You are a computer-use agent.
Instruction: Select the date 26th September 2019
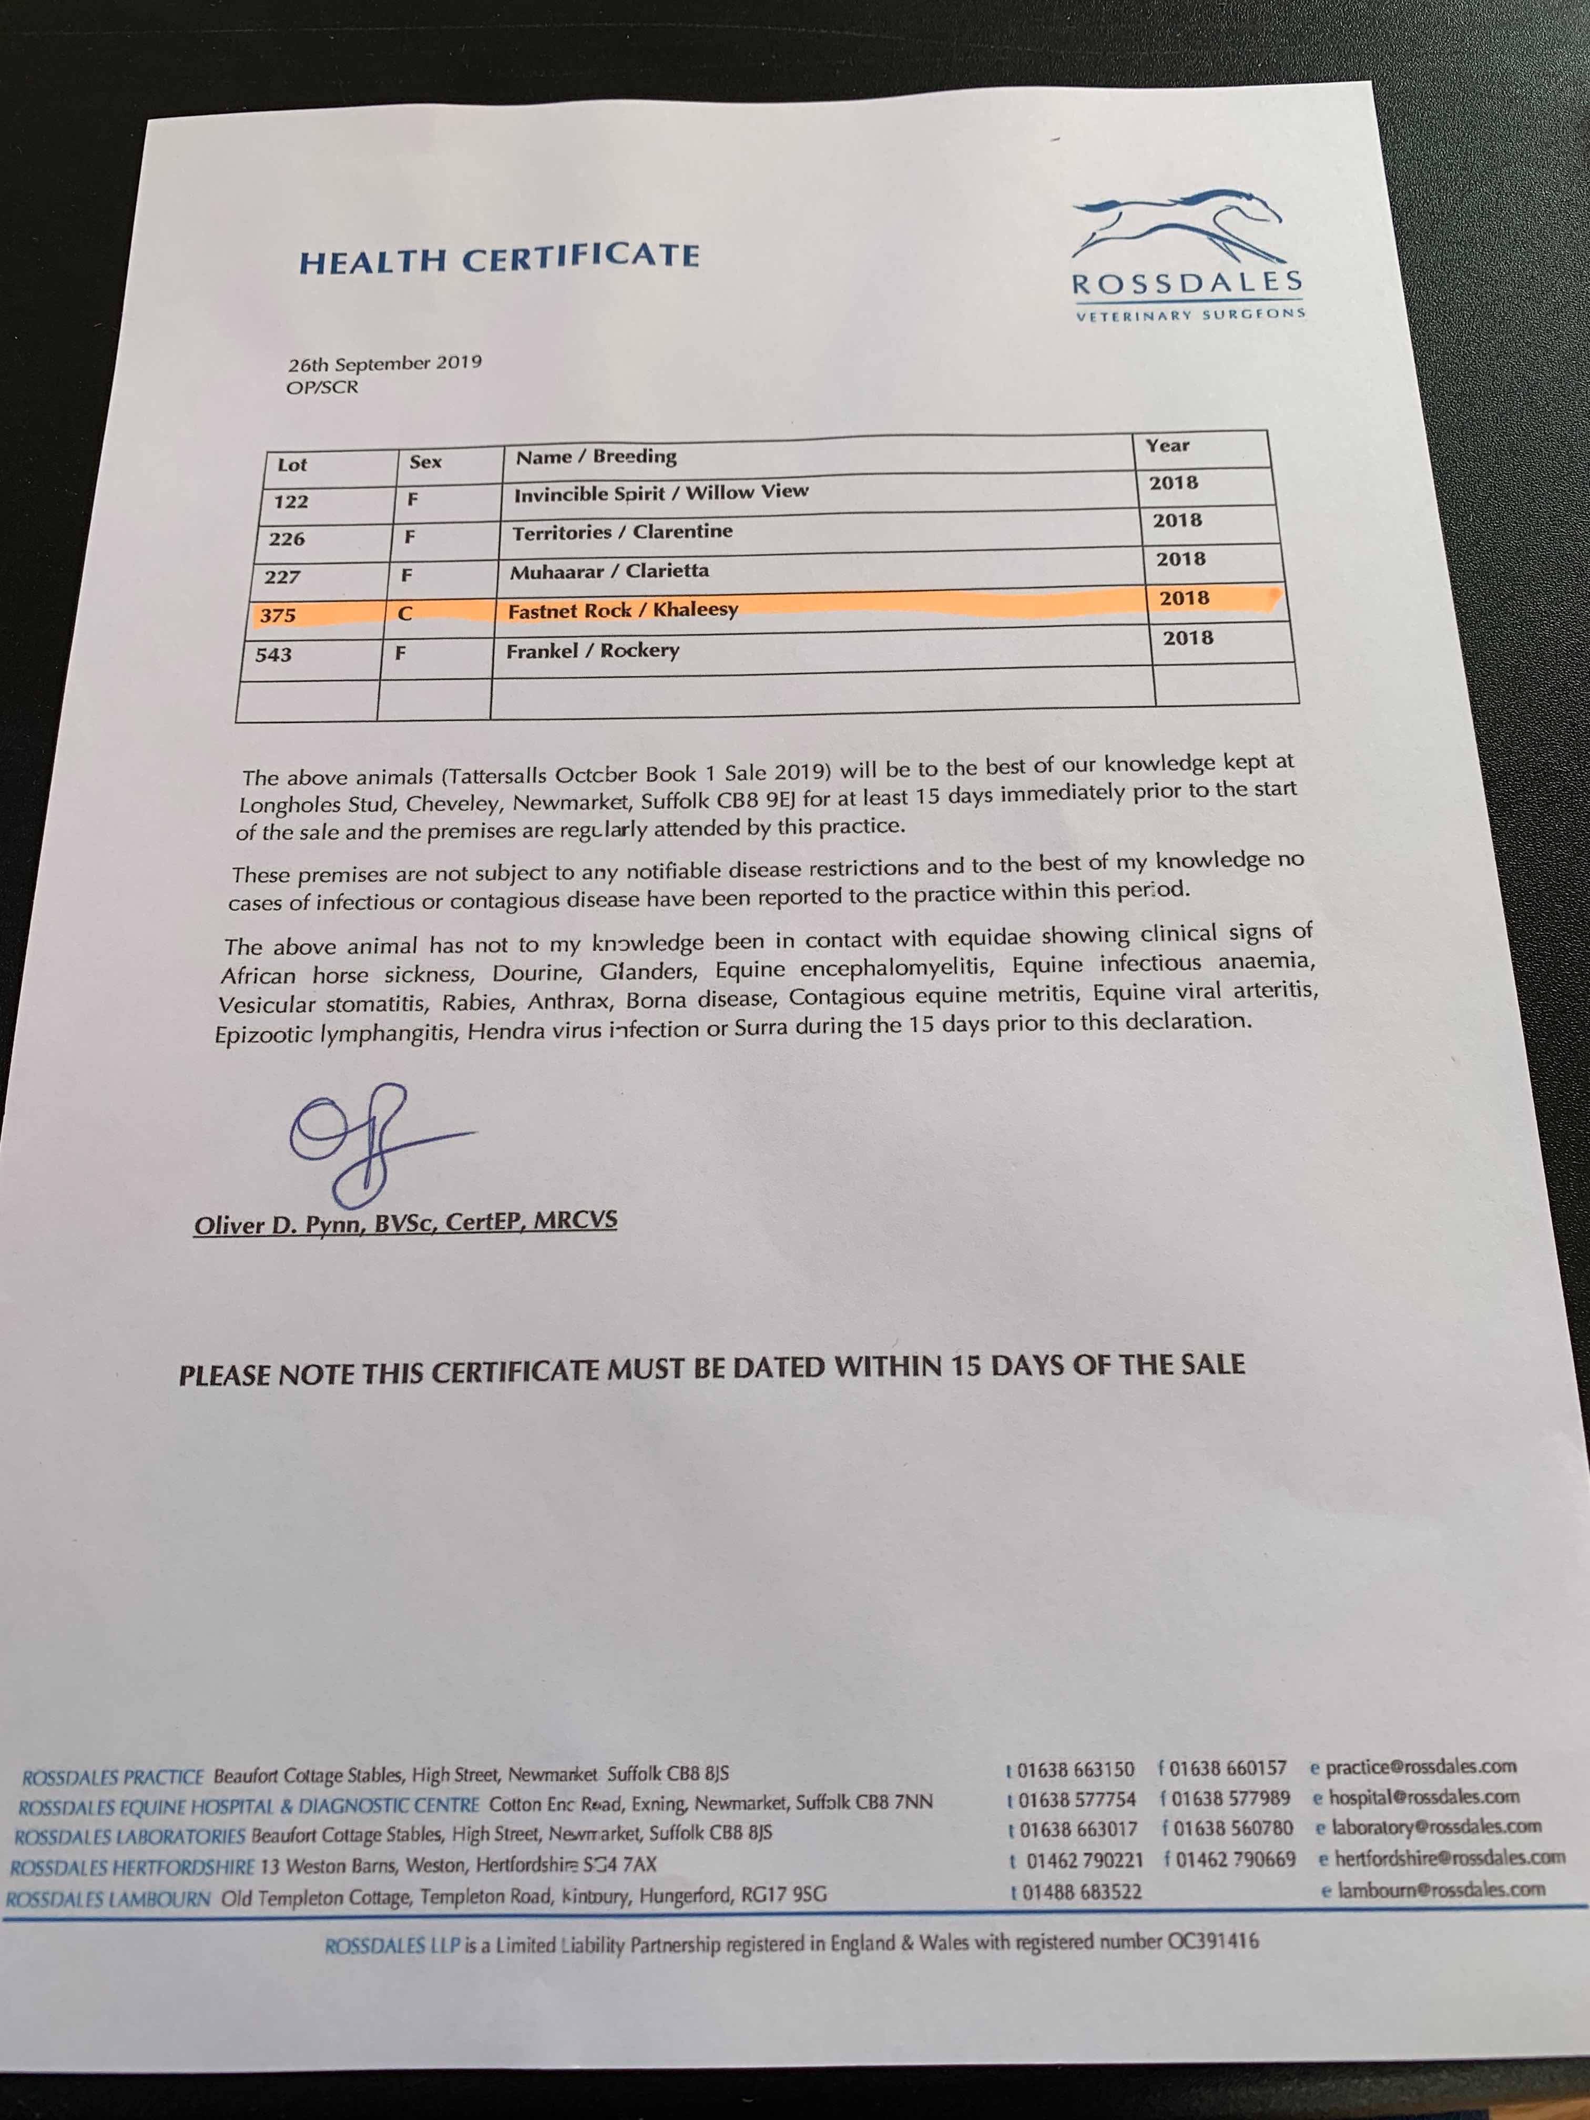point(384,363)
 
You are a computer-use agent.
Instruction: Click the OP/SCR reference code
point(322,388)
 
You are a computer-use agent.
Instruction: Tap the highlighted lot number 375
point(278,615)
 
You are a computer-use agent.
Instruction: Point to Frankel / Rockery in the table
point(592,651)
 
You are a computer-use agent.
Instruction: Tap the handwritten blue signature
point(364,1140)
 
